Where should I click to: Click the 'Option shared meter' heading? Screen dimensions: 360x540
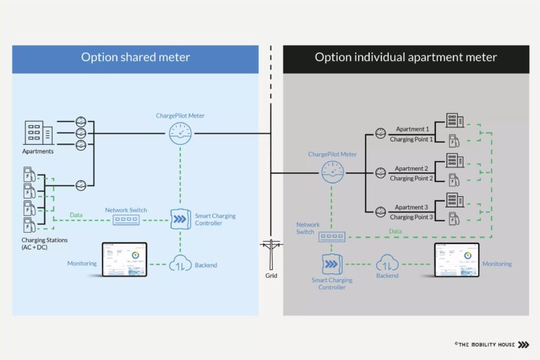coord(134,58)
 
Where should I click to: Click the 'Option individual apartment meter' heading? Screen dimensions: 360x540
coord(406,58)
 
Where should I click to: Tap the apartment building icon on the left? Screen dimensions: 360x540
coord(38,132)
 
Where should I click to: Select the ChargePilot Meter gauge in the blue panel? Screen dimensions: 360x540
coord(180,134)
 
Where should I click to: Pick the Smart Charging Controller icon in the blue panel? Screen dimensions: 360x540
coord(181,219)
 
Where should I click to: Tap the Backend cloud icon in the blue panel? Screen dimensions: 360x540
coord(180,264)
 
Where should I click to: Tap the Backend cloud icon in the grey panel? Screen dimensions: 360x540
coord(387,264)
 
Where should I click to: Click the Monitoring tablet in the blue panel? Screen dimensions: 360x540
coord(124,260)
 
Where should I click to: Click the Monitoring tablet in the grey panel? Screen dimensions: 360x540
coord(456,260)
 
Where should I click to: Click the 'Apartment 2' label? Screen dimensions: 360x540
coord(411,169)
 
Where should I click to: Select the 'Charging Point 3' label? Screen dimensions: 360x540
coord(412,217)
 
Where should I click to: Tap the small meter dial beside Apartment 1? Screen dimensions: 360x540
coord(380,134)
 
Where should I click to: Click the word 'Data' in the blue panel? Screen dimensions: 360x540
coord(77,215)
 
